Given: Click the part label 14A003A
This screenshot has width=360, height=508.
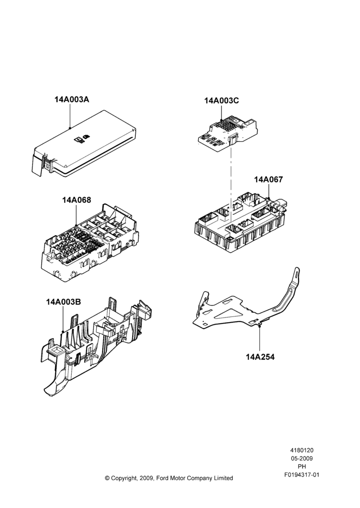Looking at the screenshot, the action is coord(72,99).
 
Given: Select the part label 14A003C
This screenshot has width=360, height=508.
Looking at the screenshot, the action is coord(222,101).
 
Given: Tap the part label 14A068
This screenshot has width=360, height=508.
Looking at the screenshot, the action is coord(77,200).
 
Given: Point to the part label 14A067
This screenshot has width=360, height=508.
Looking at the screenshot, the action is coord(268,179).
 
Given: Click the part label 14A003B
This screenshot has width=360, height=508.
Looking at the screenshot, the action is coord(63,302).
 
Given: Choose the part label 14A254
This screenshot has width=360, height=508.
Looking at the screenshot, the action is coord(260,357).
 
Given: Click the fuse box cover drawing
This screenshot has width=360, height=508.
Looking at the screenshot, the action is coord(84,143).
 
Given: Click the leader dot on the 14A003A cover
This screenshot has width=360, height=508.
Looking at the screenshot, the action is coord(70,128).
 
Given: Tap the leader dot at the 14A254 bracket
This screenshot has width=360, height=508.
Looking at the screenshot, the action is coord(260,327).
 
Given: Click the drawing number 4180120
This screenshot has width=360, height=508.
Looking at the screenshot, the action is coord(302,450).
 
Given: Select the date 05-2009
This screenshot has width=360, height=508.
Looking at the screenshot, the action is coord(302,458).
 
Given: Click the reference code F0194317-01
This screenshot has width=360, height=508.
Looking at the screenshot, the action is coord(302,475).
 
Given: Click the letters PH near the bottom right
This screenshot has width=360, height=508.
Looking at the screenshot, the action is coord(302,467).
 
